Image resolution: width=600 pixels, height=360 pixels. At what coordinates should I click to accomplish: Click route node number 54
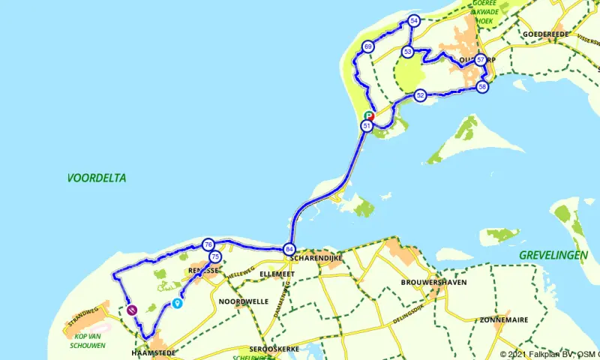(x=414, y=21)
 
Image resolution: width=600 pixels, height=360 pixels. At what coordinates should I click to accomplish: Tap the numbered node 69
(x=368, y=46)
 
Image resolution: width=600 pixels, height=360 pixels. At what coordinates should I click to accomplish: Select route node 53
(x=407, y=52)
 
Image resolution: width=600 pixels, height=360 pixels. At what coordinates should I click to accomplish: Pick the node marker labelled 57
(x=481, y=60)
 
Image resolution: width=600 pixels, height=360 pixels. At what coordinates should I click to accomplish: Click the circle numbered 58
(x=482, y=87)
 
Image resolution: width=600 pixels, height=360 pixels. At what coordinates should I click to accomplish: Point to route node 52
(x=420, y=95)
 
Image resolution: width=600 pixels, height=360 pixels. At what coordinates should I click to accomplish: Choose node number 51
(x=366, y=126)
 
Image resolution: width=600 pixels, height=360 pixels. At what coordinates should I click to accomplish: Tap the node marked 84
(x=289, y=249)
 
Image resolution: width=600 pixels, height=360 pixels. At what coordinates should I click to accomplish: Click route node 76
(x=208, y=244)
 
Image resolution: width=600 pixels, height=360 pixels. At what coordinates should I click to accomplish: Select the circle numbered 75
(x=215, y=257)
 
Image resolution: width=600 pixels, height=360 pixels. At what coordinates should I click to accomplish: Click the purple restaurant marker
(x=132, y=307)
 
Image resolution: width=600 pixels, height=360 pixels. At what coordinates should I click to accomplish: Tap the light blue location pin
(x=177, y=303)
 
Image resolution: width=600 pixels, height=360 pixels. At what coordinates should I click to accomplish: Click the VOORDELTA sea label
(x=97, y=178)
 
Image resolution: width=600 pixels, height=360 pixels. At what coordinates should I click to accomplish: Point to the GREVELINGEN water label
(x=553, y=256)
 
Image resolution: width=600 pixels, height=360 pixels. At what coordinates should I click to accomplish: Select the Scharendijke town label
(x=316, y=258)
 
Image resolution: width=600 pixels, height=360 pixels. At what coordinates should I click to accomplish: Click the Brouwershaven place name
(x=434, y=282)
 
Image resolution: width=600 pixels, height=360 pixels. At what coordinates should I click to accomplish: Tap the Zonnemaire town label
(x=504, y=319)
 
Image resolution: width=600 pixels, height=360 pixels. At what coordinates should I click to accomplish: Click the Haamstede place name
(x=154, y=352)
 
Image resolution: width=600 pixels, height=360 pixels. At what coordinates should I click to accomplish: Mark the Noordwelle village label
(x=243, y=301)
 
